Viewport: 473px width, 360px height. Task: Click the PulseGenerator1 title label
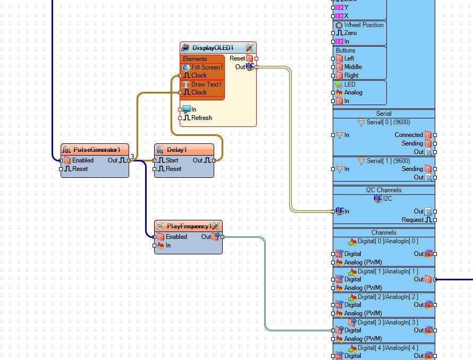[x=97, y=150]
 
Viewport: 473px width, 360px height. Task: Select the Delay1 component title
[x=177, y=150]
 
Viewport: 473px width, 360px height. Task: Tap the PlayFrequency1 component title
[x=189, y=226]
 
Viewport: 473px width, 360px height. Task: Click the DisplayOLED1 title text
[x=213, y=48]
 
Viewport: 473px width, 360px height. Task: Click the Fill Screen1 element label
[x=207, y=67]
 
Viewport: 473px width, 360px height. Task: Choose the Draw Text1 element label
[x=206, y=84]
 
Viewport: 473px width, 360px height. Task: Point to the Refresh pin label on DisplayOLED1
[x=201, y=117]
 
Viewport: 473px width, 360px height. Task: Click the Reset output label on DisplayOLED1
[x=238, y=58]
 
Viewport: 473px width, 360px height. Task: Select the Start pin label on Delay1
[x=172, y=160]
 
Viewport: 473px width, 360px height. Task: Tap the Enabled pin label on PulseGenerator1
[x=83, y=160]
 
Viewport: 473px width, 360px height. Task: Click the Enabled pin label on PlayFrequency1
[x=176, y=237]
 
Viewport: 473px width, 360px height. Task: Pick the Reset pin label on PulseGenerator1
[x=80, y=169]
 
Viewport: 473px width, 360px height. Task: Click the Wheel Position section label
[x=364, y=25]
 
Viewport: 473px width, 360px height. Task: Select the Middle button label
[x=353, y=67]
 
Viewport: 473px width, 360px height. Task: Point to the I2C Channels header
[x=384, y=190]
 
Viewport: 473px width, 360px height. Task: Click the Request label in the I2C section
[x=412, y=220]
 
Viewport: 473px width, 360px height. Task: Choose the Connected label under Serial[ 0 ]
[x=409, y=135]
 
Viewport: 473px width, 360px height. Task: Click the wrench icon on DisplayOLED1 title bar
[x=249, y=47]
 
